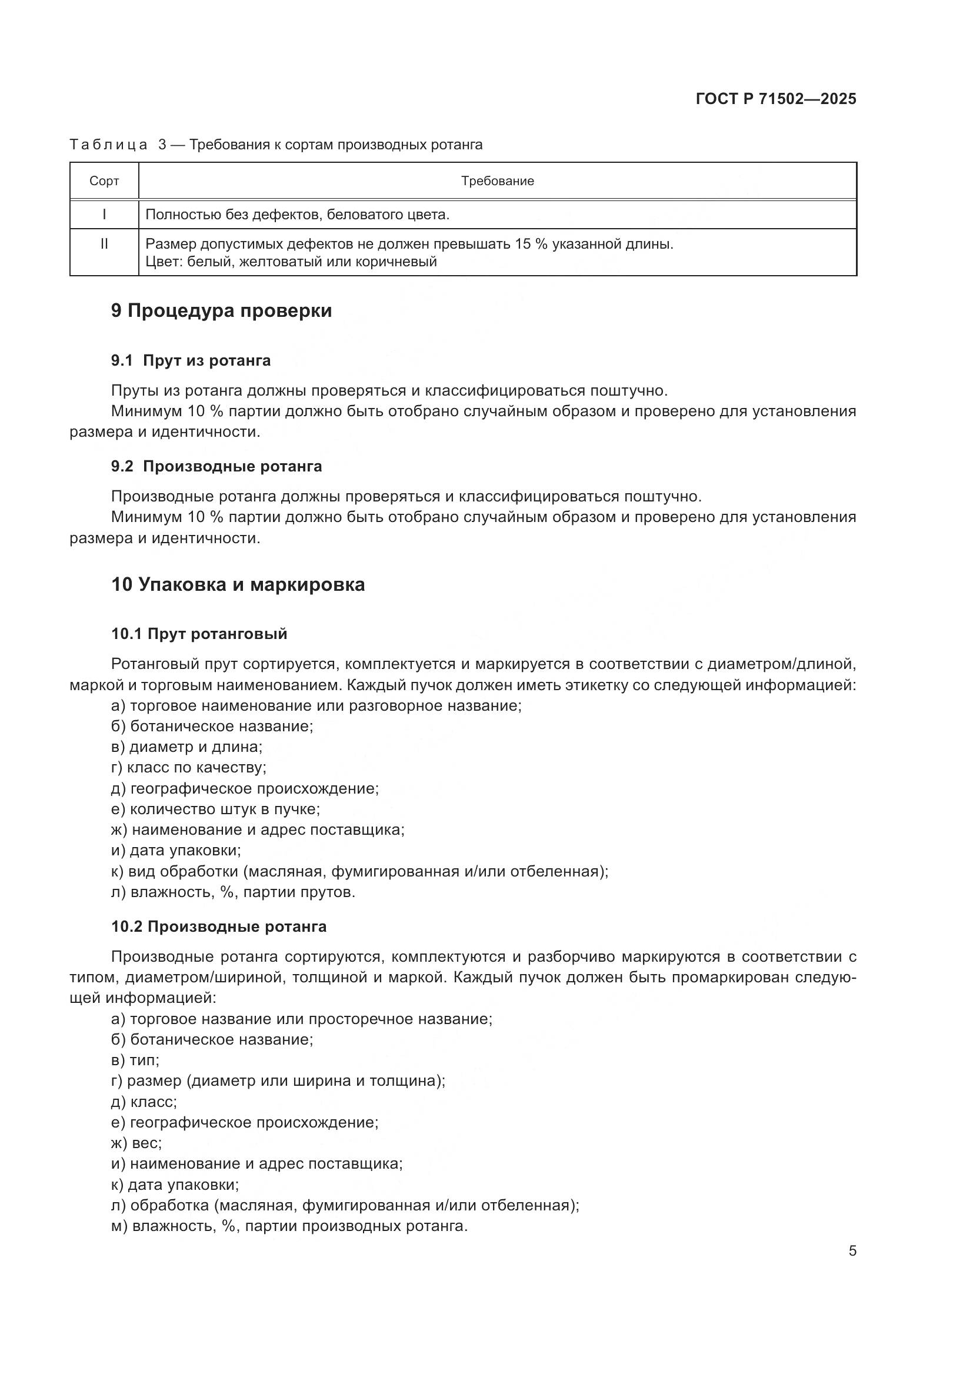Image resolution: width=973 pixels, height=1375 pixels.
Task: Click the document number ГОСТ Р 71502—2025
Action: [x=776, y=99]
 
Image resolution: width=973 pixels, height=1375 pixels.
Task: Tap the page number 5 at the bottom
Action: [x=852, y=1251]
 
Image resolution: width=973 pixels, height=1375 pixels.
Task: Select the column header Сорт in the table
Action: [x=104, y=181]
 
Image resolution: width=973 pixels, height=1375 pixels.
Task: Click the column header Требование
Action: [x=497, y=181]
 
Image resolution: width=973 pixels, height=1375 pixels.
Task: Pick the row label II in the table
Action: [x=104, y=244]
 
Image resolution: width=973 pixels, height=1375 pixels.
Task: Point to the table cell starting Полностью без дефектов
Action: [x=297, y=215]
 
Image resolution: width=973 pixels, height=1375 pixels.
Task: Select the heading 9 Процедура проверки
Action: [x=221, y=311]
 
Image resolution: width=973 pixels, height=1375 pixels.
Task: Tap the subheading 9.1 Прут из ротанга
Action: [x=191, y=360]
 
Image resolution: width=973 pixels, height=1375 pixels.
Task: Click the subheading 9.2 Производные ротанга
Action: [x=216, y=466]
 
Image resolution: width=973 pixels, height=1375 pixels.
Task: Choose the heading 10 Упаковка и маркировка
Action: [x=238, y=584]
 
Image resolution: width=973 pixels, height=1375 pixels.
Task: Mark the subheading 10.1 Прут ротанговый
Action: [x=199, y=634]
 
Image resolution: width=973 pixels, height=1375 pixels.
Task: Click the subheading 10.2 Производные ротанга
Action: [x=219, y=926]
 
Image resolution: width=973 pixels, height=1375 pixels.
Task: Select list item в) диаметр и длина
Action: [x=187, y=747]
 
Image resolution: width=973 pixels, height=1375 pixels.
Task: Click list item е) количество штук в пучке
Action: [x=216, y=809]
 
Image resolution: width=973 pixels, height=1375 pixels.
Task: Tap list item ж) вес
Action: [x=136, y=1143]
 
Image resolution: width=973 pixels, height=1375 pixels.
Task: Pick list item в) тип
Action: [x=135, y=1060]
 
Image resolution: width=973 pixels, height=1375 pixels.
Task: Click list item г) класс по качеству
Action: [x=189, y=767]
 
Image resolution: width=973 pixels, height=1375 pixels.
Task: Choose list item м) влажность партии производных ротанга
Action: [x=289, y=1226]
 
